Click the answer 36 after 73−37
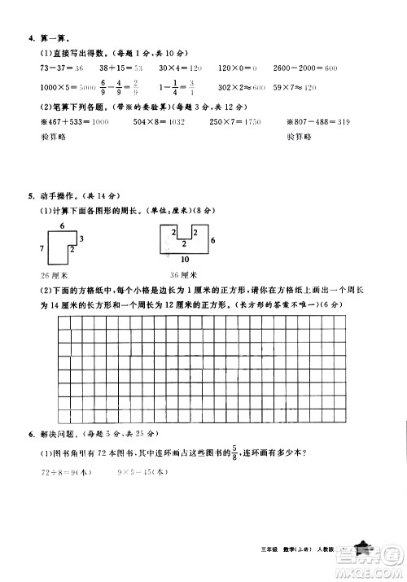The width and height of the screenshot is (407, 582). (x=79, y=71)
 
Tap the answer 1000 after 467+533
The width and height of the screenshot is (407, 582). (x=96, y=122)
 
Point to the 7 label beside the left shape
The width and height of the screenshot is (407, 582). (x=43, y=247)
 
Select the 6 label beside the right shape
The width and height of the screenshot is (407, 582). (x=212, y=242)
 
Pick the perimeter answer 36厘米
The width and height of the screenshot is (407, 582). (x=177, y=275)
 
